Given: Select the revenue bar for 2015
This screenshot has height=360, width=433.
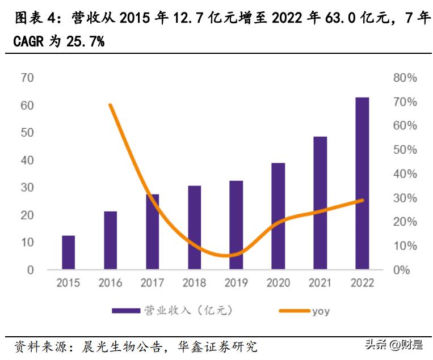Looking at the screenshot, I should point(68,252).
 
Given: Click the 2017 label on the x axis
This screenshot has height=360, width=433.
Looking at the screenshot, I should point(152,283).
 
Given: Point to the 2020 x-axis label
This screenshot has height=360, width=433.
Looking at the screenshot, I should point(278,283).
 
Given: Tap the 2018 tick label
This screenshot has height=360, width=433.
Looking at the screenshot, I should point(194,283).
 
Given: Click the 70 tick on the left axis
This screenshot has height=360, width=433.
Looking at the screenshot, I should point(27,78).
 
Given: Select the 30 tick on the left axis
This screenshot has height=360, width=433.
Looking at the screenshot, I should point(27,187).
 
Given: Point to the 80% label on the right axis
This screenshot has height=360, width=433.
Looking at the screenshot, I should point(405,78).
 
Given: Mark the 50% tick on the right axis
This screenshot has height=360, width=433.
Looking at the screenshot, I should point(405,150).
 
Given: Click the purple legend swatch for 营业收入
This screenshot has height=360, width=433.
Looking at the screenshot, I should point(125,310).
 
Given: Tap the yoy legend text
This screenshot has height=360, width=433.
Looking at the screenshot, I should point(320,311).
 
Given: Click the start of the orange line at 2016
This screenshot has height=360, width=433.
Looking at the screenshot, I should point(110,105).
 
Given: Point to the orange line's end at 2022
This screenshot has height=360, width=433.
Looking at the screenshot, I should point(362,200).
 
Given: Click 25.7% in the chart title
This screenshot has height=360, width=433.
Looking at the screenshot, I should point(82,42).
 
